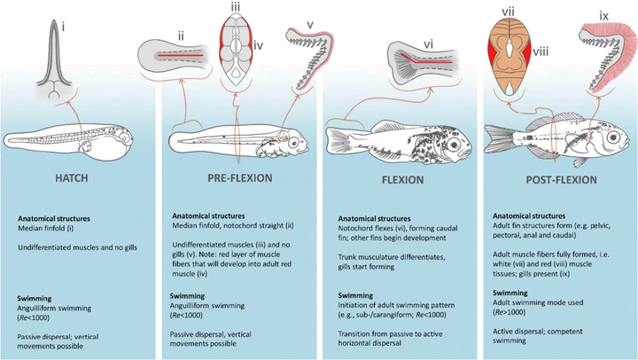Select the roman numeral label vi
427,40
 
